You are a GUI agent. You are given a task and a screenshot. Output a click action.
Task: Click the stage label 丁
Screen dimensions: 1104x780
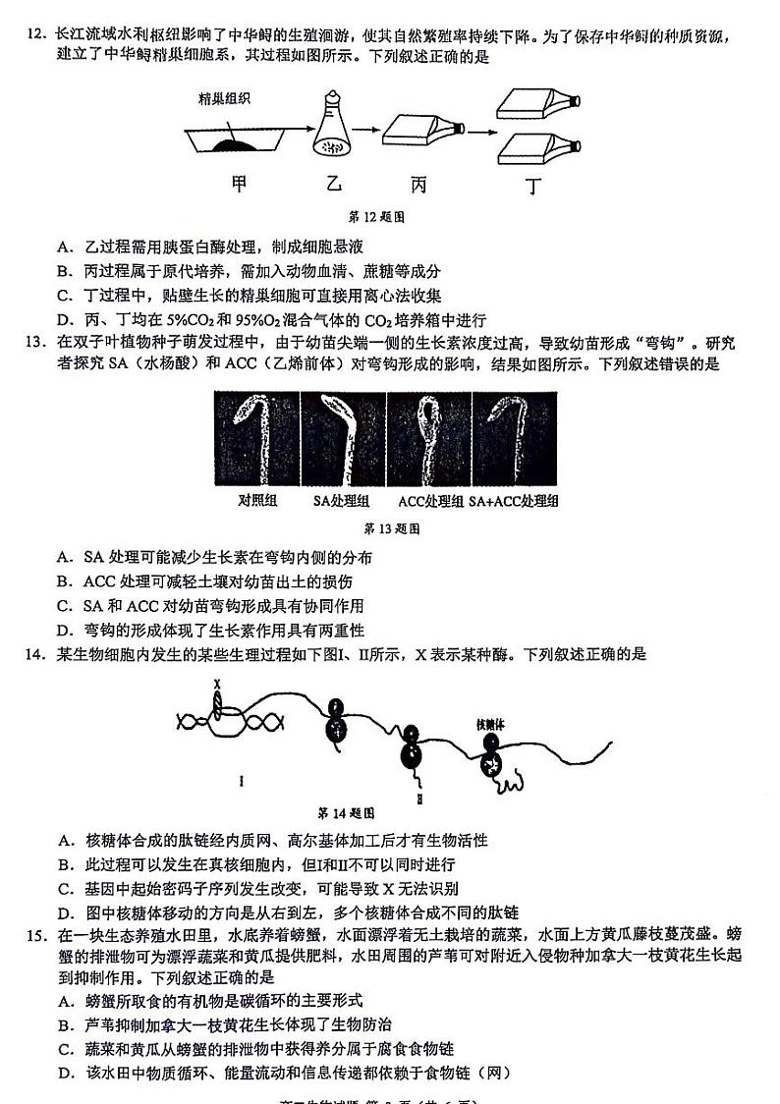click(532, 187)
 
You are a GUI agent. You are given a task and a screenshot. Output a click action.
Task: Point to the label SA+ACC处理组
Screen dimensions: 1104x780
click(514, 501)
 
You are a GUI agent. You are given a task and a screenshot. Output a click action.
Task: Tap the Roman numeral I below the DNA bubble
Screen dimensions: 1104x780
click(241, 781)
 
